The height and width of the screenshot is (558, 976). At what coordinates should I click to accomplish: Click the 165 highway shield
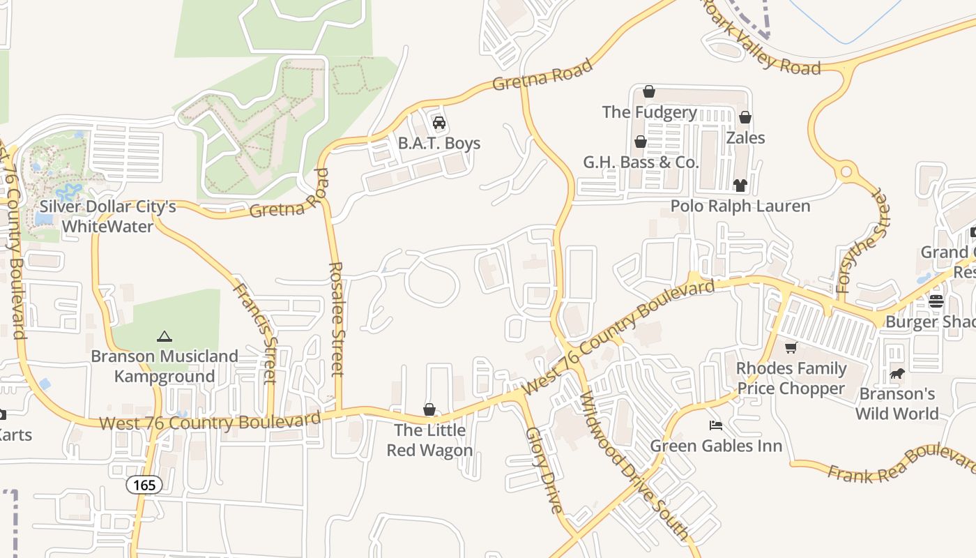click(x=145, y=485)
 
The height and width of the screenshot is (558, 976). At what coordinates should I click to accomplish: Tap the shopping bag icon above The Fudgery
click(x=649, y=91)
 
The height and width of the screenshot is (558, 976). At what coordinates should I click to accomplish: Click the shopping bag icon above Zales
click(x=745, y=117)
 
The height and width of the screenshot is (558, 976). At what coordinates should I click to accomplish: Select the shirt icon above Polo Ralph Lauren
click(x=740, y=186)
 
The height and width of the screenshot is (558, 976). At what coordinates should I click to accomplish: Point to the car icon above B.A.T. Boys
click(x=439, y=123)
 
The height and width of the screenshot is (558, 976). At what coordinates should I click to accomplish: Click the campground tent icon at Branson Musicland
click(x=165, y=336)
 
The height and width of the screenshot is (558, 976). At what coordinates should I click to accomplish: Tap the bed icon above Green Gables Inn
click(x=715, y=425)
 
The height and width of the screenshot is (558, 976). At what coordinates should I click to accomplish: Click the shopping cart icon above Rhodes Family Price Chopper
click(x=791, y=348)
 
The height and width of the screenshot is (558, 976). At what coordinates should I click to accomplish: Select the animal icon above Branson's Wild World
click(x=897, y=374)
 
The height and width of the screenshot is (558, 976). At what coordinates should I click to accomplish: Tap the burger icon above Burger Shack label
click(x=936, y=301)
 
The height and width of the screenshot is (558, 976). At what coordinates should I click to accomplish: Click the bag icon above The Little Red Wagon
click(x=429, y=409)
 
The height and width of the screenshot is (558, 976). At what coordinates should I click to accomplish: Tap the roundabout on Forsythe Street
click(x=847, y=171)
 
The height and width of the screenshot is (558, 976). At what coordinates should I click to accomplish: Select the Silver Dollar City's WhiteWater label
click(x=107, y=216)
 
